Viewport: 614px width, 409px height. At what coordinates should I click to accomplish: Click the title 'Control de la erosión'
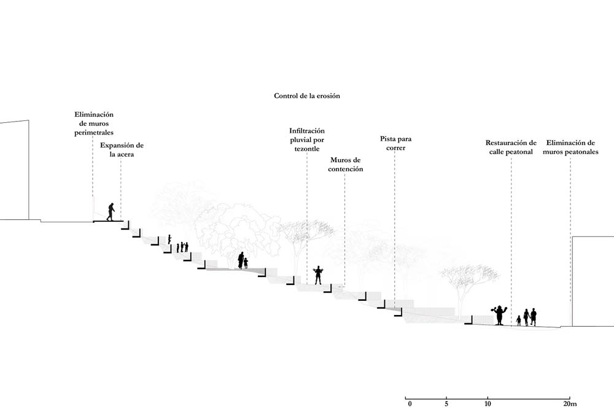[x=306, y=96]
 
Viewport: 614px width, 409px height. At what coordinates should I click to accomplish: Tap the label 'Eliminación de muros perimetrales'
[x=94, y=123]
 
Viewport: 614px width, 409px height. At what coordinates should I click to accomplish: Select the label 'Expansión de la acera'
[x=122, y=150]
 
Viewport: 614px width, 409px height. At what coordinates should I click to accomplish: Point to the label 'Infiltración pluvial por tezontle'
[x=307, y=139]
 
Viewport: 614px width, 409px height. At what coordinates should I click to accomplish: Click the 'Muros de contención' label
[x=345, y=165]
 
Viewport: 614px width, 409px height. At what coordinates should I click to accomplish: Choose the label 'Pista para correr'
[x=395, y=143]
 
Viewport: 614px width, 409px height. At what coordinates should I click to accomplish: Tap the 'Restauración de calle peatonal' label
[x=511, y=147]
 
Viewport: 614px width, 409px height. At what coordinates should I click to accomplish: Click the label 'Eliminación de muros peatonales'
[x=570, y=147]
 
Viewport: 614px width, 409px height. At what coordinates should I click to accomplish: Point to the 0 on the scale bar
[x=410, y=404]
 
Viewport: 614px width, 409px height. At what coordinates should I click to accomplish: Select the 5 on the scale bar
[x=446, y=404]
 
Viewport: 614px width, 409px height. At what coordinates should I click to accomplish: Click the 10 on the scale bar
[x=488, y=404]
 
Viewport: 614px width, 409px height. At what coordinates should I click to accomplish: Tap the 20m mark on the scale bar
[x=570, y=404]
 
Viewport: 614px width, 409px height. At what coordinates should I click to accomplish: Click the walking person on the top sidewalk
[x=111, y=212]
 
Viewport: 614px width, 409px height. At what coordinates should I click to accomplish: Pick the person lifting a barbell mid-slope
[x=318, y=275]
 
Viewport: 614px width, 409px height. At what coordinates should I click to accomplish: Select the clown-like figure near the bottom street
[x=499, y=314]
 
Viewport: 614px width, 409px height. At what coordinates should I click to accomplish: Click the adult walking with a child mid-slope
[x=241, y=260]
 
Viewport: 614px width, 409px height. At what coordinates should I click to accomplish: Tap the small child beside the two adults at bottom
[x=519, y=321]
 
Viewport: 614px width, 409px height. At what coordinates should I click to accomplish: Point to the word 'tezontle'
[x=307, y=149]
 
